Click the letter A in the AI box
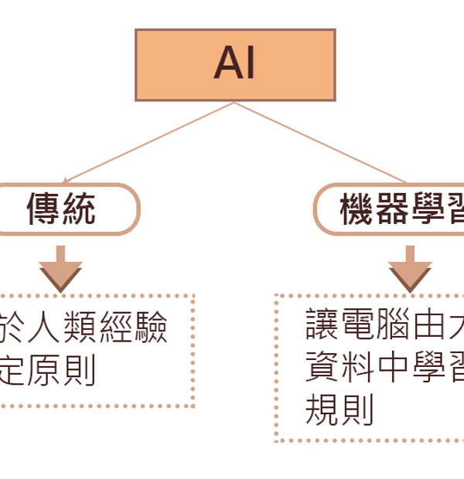[x=226, y=66]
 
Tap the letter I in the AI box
[x=248, y=66]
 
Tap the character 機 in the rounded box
[x=357, y=209]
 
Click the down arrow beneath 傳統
[x=60, y=267]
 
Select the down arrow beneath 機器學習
[x=411, y=267]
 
